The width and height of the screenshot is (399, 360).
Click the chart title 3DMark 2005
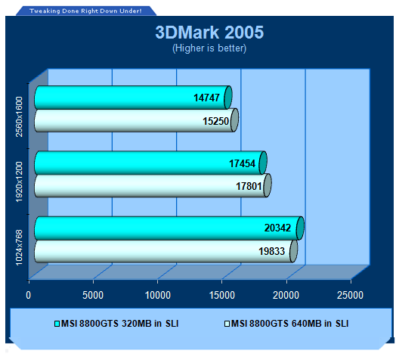209,33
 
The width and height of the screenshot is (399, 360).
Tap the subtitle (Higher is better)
209,48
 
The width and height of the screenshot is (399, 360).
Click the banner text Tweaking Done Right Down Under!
85,11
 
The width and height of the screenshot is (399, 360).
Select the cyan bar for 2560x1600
133,98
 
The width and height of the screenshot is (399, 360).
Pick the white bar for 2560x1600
136,120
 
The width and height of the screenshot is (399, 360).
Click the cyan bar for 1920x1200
150,163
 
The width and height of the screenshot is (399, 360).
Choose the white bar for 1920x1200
153,185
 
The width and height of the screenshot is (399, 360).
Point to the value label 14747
206,98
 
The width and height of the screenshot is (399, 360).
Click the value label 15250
215,121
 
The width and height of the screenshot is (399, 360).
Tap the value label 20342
277,228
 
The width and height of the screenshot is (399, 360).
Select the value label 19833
271,251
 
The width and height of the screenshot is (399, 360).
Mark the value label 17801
249,186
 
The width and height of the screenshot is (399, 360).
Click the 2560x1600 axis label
19,116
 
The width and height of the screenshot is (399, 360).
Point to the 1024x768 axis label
19,247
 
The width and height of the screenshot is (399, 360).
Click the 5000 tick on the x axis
93,295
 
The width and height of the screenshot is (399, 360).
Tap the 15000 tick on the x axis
222,295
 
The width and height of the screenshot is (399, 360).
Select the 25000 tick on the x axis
350,295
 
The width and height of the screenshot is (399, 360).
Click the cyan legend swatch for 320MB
57,324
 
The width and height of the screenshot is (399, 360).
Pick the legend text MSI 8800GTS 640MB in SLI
289,324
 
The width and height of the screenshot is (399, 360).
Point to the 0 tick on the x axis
29,295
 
